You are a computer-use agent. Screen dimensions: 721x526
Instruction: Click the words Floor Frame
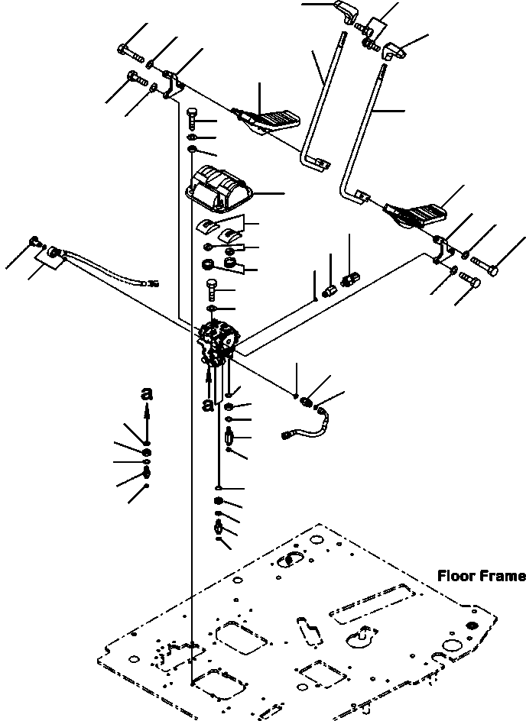[x=481, y=576]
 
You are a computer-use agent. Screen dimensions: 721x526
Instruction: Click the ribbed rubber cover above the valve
[x=219, y=188]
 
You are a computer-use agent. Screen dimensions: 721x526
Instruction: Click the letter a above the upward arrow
[x=147, y=394]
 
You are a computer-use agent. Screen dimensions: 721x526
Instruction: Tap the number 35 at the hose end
[x=153, y=283]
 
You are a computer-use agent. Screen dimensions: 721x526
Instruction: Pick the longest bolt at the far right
[x=485, y=267]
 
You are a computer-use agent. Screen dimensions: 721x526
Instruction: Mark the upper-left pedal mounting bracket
[x=175, y=83]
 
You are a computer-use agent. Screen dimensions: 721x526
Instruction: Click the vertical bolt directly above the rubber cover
[x=193, y=115]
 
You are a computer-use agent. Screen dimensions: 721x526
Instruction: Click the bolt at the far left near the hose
[x=33, y=242]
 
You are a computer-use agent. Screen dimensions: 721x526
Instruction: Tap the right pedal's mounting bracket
[x=440, y=251]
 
